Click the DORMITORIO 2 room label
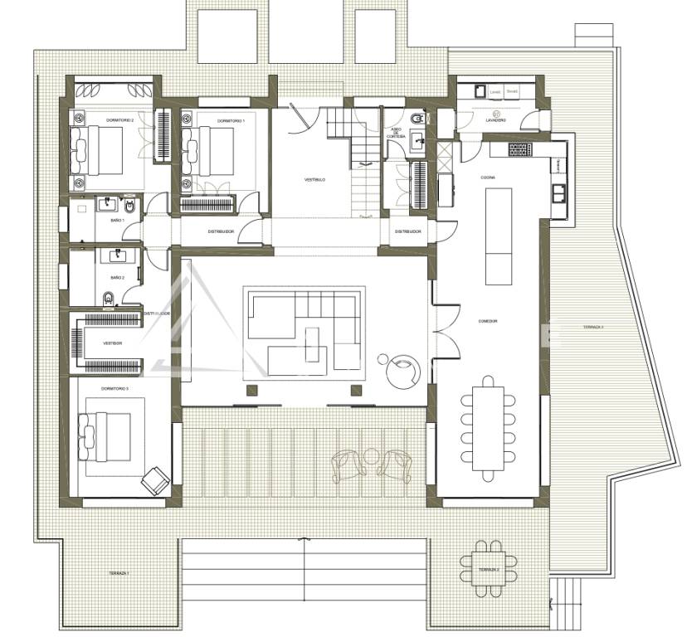(x=119, y=121)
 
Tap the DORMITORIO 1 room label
(x=231, y=121)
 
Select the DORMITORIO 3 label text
(x=115, y=388)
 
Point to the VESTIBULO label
(x=314, y=180)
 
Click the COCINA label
(x=488, y=177)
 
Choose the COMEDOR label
(x=488, y=321)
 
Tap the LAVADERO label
(x=496, y=122)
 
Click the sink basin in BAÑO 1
(x=107, y=202)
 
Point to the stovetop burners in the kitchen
(x=519, y=150)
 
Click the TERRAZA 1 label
(x=118, y=573)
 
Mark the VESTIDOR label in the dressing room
(x=112, y=343)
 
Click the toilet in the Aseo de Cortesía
(x=417, y=117)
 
